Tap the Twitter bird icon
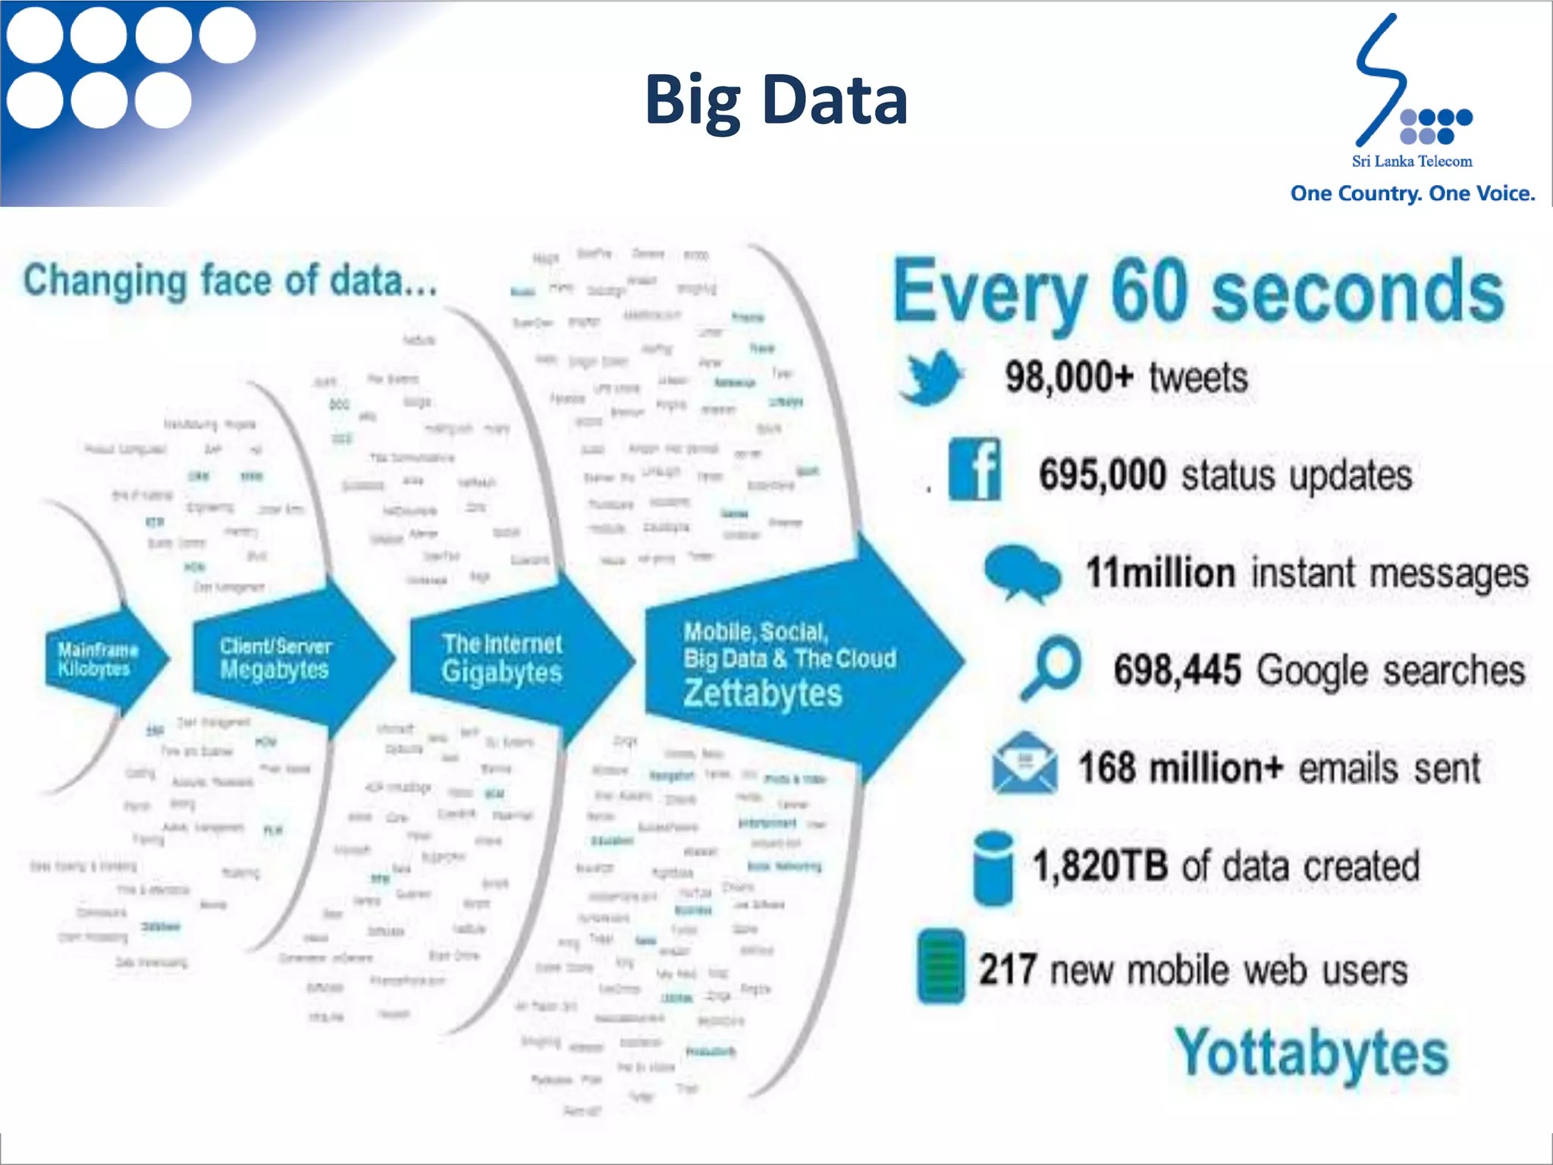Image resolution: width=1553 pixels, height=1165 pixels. pos(931,377)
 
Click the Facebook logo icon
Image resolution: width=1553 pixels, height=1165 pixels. pos(974,469)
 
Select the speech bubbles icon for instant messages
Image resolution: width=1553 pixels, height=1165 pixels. pos(1021,573)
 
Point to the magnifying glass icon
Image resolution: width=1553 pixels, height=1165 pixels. pos(1052,667)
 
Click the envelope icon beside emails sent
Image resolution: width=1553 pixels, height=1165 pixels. pos(1024,764)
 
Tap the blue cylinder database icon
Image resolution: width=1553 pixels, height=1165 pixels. pos(993,868)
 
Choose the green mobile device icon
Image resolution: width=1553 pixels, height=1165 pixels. pos(941,966)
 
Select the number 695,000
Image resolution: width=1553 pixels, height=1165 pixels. pos(1102,476)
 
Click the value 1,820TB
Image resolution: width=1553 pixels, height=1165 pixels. pos(1100,865)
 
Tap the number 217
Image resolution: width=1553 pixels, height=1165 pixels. pos(1007,969)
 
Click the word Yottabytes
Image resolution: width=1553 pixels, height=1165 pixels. pos(1311,1053)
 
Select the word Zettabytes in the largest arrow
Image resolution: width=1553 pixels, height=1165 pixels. pos(763,693)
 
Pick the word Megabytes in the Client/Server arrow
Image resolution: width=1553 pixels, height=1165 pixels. pos(275,670)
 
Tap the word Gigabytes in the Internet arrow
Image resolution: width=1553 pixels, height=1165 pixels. pos(502,672)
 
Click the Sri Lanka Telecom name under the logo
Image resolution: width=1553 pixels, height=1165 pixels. pos(1412,161)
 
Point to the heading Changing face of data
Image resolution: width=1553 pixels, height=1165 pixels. pos(230,281)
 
